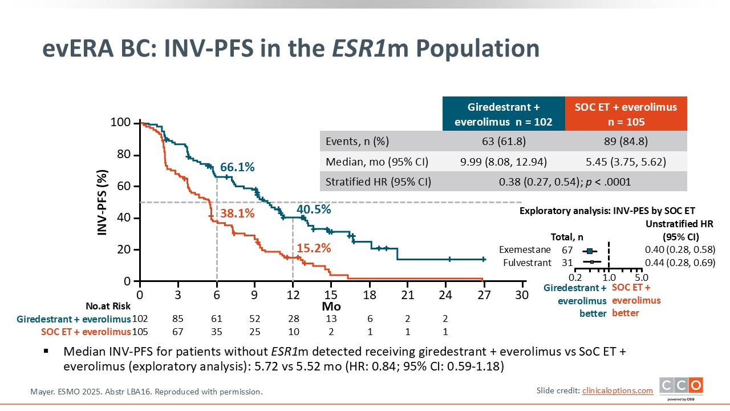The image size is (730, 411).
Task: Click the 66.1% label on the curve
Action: point(237,167)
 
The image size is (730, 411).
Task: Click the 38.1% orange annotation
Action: point(237,213)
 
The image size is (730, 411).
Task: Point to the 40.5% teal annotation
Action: point(313,209)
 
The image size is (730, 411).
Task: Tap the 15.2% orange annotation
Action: point(313,248)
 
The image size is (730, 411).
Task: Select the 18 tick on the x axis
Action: point(369,295)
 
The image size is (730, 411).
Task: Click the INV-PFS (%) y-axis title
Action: point(103,203)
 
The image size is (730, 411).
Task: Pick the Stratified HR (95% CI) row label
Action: point(378,182)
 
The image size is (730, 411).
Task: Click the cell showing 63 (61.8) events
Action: point(504,142)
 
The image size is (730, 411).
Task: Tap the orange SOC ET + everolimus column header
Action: point(626,114)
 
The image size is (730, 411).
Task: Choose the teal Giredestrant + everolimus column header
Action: point(504,114)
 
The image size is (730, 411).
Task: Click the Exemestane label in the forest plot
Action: point(525,249)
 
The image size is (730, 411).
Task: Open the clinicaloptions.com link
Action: point(618,390)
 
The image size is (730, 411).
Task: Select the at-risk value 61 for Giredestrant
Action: point(216,319)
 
